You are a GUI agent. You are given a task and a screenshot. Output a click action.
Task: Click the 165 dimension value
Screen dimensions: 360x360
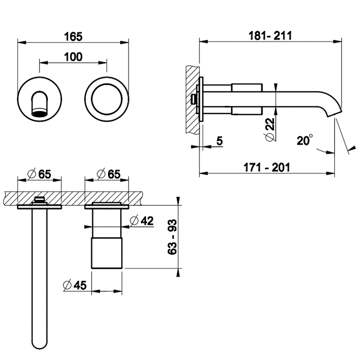[74, 37]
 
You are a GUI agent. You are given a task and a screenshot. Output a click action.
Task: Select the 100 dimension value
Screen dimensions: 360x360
[74, 57]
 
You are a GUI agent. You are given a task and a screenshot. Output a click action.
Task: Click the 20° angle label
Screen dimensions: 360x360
[304, 140]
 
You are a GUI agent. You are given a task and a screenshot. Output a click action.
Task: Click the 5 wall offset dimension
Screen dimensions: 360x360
[219, 140]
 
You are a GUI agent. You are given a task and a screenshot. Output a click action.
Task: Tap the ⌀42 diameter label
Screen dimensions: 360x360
[142, 221]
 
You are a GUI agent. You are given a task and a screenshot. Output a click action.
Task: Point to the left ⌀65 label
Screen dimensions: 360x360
[40, 174]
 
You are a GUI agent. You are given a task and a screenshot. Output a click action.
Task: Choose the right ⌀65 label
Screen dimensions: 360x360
[109, 174]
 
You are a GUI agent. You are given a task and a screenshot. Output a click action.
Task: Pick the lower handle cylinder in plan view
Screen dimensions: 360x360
[107, 252]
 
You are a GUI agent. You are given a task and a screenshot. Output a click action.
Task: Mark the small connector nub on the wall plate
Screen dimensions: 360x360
[194, 97]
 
